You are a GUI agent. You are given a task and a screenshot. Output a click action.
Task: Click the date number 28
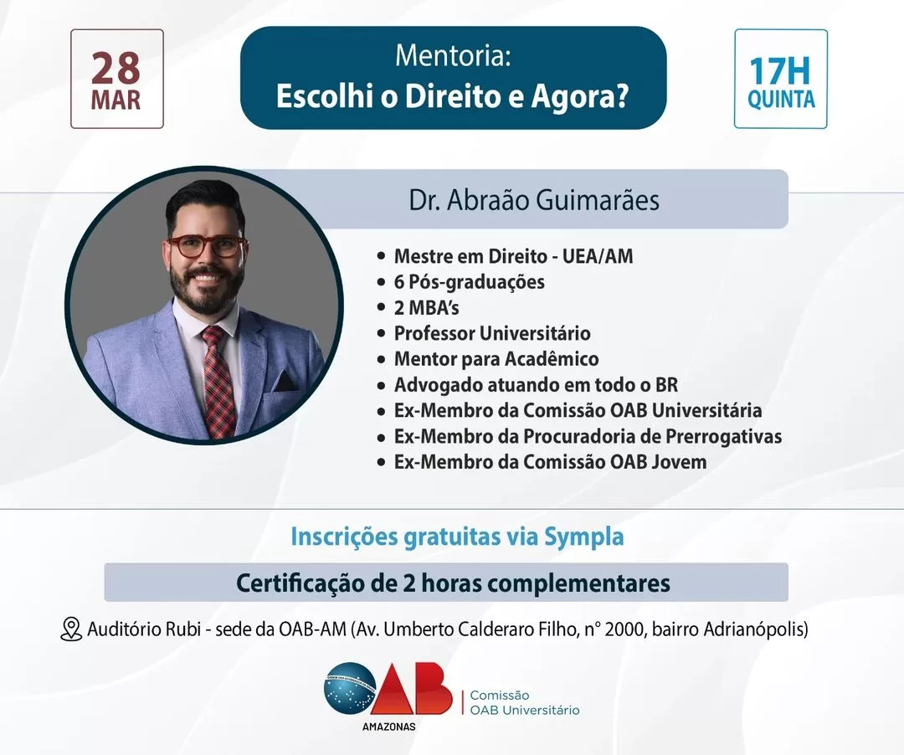(116, 69)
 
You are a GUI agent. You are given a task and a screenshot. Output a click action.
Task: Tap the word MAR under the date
(116, 100)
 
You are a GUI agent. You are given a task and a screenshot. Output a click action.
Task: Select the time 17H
(780, 71)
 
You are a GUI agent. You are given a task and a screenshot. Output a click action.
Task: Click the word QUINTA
(781, 100)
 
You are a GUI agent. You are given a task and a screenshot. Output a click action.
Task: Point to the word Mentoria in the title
(453, 56)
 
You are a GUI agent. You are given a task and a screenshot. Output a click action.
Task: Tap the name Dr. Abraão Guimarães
(534, 200)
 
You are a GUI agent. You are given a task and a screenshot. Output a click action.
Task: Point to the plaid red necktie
(218, 379)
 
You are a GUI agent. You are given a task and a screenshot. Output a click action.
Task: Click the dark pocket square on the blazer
(285, 381)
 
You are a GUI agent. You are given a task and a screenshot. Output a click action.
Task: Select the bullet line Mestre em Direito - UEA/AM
(513, 256)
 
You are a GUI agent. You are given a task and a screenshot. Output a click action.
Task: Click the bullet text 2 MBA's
(427, 308)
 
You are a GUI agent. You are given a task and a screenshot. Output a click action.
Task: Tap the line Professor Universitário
(492, 333)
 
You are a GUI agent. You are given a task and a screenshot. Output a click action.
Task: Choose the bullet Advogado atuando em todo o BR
(536, 384)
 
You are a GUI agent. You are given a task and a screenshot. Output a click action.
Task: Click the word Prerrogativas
(723, 436)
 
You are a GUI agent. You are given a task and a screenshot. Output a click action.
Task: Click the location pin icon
(71, 629)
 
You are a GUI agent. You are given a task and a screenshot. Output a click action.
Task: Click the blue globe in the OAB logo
(349, 689)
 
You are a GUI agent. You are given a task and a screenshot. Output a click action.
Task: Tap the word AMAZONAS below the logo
(388, 727)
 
